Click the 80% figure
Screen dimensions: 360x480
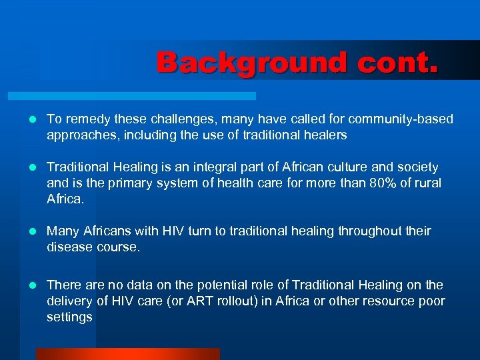pos(383,183)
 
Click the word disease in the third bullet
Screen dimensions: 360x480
pos(68,247)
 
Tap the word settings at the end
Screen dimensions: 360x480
pos(69,317)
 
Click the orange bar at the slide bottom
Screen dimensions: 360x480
pos(127,354)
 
